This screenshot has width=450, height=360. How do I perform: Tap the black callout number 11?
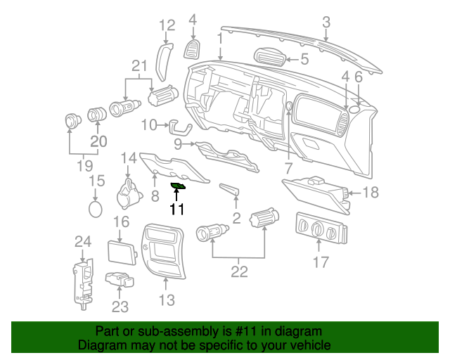pos(176,209)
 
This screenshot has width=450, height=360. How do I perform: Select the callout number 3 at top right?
pos(326,22)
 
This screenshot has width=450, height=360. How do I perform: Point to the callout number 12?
pos(166,26)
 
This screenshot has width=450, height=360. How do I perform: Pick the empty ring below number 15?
pos(96,209)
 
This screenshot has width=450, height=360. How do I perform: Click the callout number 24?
pos(83,243)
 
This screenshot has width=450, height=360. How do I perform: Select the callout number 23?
pos(120,307)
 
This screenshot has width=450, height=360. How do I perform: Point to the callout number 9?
pos(179,145)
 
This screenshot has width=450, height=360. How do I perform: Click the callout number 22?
pos(240,271)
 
